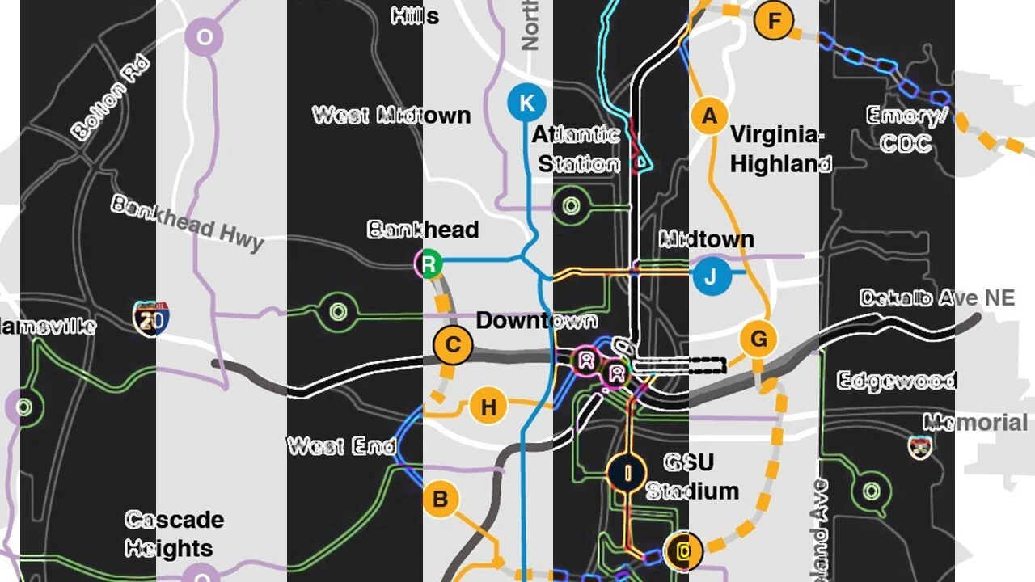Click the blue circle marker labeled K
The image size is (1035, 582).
pyautogui.click(x=527, y=103)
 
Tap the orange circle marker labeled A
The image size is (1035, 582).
pyautogui.click(x=709, y=116)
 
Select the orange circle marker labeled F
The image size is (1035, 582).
pyautogui.click(x=774, y=20)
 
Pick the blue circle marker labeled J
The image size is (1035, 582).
pyautogui.click(x=711, y=276)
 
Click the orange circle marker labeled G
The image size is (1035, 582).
pyautogui.click(x=758, y=339)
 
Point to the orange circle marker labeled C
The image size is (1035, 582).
pyautogui.click(x=453, y=345)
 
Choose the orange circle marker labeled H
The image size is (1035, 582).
pyautogui.click(x=488, y=407)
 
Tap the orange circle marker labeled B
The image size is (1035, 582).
pyautogui.click(x=440, y=499)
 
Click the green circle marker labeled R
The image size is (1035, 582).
pyautogui.click(x=429, y=263)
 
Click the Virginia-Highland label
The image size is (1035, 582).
pyautogui.click(x=779, y=150)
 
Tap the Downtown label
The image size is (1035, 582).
pyautogui.click(x=536, y=320)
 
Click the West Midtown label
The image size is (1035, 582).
pyautogui.click(x=391, y=115)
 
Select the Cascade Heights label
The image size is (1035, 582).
pyautogui.click(x=173, y=533)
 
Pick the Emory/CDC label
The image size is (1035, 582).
pyautogui.click(x=906, y=129)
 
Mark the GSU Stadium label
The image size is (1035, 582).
pyautogui.click(x=691, y=476)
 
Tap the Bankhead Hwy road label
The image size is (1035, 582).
pyautogui.click(x=188, y=222)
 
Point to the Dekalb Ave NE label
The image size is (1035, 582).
pyautogui.click(x=936, y=297)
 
